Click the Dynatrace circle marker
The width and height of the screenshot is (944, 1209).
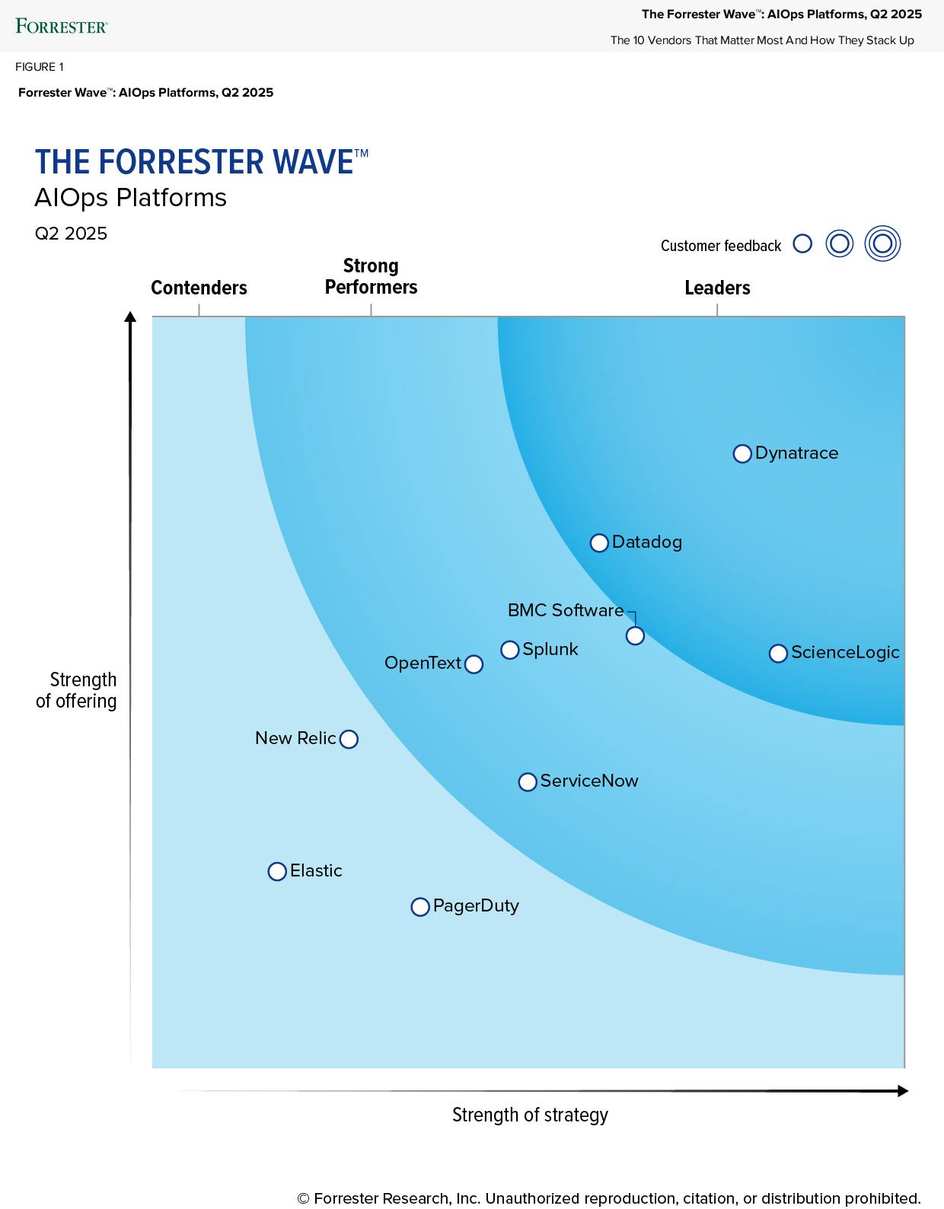pos(742,453)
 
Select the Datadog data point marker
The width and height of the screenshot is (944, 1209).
pos(599,542)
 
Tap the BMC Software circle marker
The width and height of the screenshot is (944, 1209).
pos(635,635)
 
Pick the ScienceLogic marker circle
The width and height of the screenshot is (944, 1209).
pos(778,654)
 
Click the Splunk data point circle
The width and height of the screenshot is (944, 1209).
pos(510,650)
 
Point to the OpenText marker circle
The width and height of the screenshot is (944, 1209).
pos(474,664)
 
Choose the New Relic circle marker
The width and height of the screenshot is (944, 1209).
pos(349,739)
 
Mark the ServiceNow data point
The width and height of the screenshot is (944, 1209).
pos(528,782)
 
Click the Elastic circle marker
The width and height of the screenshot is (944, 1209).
pos(277,871)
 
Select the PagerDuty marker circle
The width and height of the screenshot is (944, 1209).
pos(420,907)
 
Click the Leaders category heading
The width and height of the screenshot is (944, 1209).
pos(717,288)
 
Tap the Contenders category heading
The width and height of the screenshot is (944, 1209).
pos(199,288)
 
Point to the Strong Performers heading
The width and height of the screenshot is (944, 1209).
pos(371,276)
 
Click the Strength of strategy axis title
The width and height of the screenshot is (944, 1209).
pos(530,1115)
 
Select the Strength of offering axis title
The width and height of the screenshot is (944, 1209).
pos(77,690)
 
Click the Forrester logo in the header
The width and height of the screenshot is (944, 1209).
pos(62,27)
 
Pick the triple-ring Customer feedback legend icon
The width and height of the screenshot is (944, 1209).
pos(882,244)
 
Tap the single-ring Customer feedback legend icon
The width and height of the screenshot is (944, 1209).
pos(802,244)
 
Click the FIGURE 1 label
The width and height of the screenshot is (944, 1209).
pos(40,67)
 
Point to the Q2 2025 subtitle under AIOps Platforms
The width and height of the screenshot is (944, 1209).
pos(71,234)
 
